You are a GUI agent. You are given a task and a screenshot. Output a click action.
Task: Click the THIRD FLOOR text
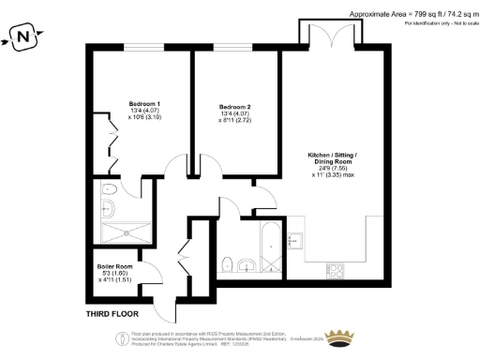pyautogui.click(x=112, y=312)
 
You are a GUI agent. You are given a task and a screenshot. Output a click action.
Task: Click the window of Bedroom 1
pyautogui.click(x=142, y=47)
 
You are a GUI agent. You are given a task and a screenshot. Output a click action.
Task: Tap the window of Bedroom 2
pyautogui.click(x=234, y=47)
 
